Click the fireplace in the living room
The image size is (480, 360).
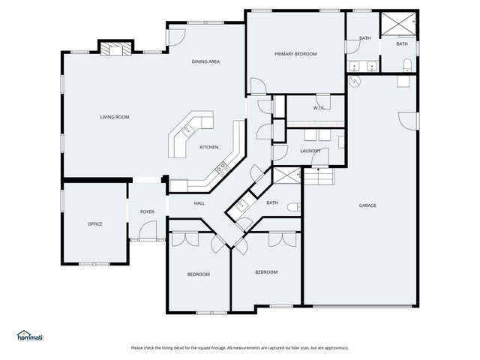(x=116, y=49)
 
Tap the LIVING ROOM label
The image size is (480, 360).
(x=115, y=117)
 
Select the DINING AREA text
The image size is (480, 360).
(x=205, y=61)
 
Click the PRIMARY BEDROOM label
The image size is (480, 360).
(x=295, y=54)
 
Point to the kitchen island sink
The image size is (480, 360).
(x=188, y=130)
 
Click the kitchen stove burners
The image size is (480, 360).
(x=222, y=169)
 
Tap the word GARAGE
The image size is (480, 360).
(x=367, y=205)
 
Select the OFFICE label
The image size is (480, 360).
(x=95, y=224)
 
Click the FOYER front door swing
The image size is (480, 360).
(x=148, y=229)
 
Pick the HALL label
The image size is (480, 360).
(x=199, y=203)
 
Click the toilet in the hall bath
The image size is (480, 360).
(x=294, y=207)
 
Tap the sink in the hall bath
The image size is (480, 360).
(x=242, y=205)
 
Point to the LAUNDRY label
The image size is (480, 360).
(x=310, y=151)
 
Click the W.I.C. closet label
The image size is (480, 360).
(x=319, y=108)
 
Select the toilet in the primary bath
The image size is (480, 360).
(x=407, y=64)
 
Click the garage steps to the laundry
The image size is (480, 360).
(x=318, y=176)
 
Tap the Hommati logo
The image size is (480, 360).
(x=30, y=335)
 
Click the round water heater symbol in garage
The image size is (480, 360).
(x=355, y=80)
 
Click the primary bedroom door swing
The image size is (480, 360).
(x=258, y=85)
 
